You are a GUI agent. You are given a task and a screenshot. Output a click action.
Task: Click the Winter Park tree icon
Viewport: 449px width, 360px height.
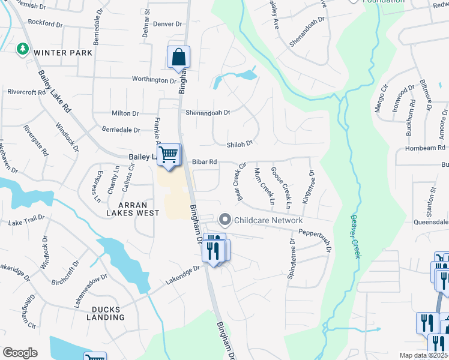click(x=23, y=49)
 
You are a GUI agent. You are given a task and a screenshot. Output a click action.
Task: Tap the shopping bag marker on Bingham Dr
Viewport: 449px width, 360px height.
click(x=179, y=58)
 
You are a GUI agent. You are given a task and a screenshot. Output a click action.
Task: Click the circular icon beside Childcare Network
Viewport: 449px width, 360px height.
click(x=226, y=220)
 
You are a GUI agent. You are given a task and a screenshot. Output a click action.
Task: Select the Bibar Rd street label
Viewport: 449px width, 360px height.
click(x=204, y=162)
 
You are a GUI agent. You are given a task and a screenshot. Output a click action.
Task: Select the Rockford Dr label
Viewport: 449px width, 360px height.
click(x=45, y=23)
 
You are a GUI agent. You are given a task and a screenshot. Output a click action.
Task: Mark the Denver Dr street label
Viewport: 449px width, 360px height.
click(x=167, y=24)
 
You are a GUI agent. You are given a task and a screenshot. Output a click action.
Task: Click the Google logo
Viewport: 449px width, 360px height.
click(x=20, y=353)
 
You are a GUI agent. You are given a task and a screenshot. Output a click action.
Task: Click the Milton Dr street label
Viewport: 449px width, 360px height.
click(x=125, y=113)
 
